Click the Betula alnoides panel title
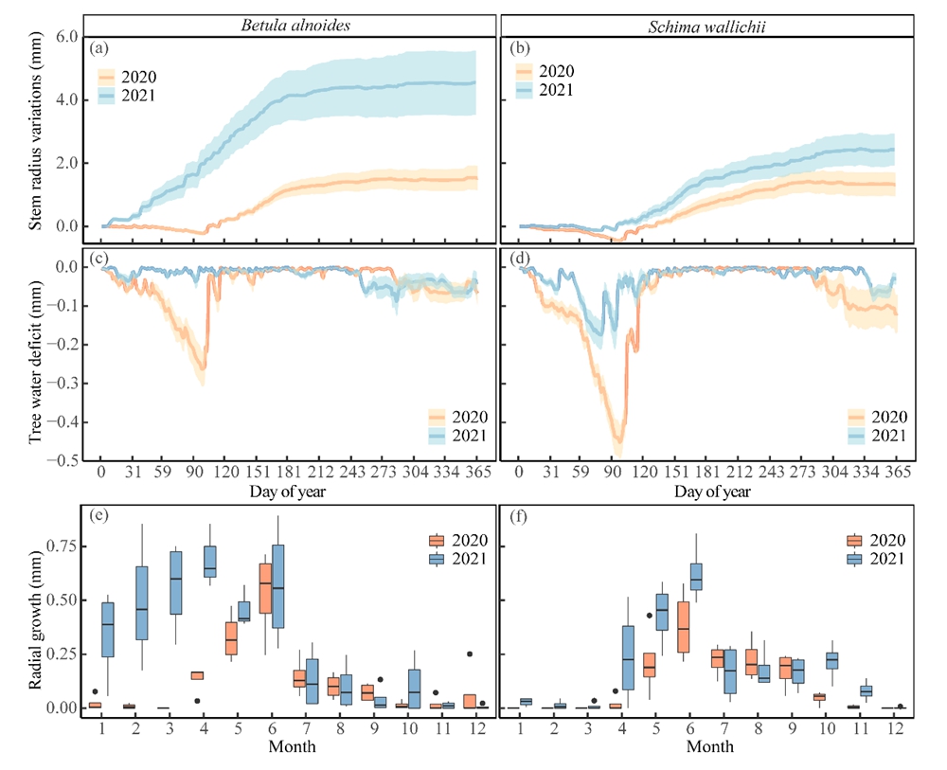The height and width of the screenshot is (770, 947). tap(289, 25)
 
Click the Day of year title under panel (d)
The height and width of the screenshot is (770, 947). tap(706, 492)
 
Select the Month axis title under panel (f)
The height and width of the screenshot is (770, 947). tap(706, 746)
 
